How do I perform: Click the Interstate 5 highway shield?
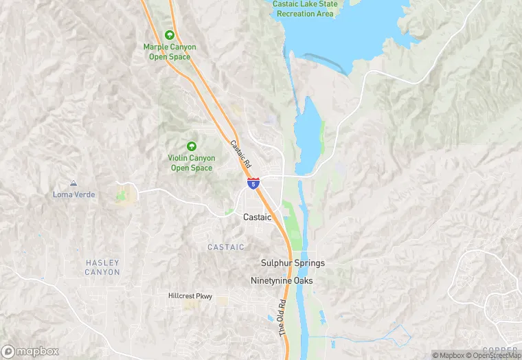[x=254, y=183]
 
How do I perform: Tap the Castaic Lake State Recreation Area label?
[x=305, y=9]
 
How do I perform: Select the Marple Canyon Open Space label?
[x=170, y=52]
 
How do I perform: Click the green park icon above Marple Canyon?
[x=170, y=34]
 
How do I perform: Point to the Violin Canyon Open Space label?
[x=192, y=163]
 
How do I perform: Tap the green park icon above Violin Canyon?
[x=192, y=146]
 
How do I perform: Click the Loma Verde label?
[x=74, y=194]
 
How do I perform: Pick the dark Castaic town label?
[x=258, y=216]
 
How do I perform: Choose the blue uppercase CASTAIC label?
[x=226, y=247]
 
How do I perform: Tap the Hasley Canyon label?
[x=102, y=267]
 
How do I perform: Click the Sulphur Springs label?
[x=293, y=263]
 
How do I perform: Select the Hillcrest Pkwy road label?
[x=190, y=296]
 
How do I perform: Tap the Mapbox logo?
[x=30, y=351]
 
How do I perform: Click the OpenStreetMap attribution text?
[x=493, y=355]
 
